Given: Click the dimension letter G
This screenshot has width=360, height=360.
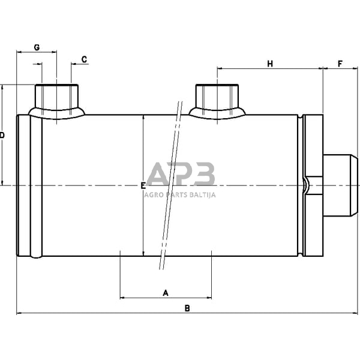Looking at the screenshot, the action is (37, 47).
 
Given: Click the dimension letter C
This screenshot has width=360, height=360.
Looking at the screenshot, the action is (84, 59).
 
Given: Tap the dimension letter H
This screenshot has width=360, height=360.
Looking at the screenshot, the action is (270, 64).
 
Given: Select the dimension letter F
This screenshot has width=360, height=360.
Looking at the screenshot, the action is (340, 64).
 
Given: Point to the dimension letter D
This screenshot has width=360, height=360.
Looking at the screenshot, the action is (2, 135).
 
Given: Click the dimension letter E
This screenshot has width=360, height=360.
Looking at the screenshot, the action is (143, 186).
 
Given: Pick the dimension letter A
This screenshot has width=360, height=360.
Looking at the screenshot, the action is (166, 293).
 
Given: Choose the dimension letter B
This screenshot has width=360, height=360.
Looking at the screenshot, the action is (187, 308).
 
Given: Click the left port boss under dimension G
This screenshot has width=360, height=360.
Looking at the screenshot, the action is (57, 101).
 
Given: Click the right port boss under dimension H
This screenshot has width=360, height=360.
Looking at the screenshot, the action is (217, 101).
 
